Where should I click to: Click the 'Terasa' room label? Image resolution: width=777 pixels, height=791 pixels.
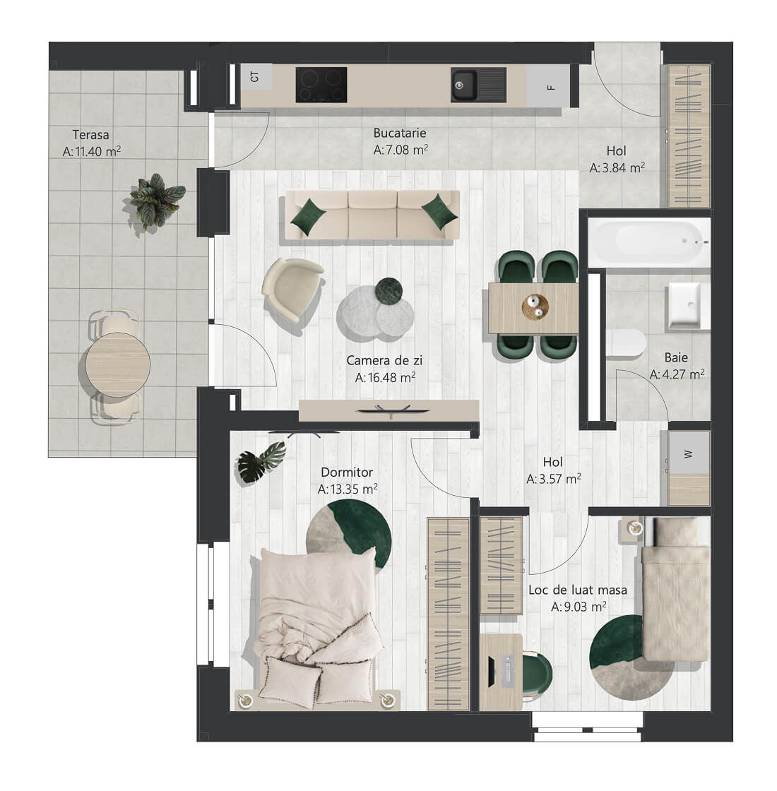[91, 135]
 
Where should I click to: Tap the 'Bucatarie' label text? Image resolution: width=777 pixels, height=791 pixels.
[400, 133]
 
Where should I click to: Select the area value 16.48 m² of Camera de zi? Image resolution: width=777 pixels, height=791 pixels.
[386, 377]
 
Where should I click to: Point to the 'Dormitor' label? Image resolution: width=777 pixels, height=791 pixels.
[347, 472]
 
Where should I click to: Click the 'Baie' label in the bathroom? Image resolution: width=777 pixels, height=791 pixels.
[676, 357]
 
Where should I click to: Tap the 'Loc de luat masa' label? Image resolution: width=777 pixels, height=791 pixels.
[578, 590]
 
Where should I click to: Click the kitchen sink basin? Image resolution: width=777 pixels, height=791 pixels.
[463, 85]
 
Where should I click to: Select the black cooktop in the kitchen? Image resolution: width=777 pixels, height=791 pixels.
[321, 85]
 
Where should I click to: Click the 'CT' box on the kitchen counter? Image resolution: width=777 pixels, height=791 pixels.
[256, 77]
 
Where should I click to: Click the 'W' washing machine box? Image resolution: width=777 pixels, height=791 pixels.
[689, 453]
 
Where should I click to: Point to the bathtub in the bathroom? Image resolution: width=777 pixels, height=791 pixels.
[649, 243]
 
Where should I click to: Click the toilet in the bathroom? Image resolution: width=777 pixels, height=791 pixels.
[625, 343]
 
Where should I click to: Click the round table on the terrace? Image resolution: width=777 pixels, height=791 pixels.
[117, 364]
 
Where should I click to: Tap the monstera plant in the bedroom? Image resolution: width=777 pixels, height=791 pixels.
[261, 459]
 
